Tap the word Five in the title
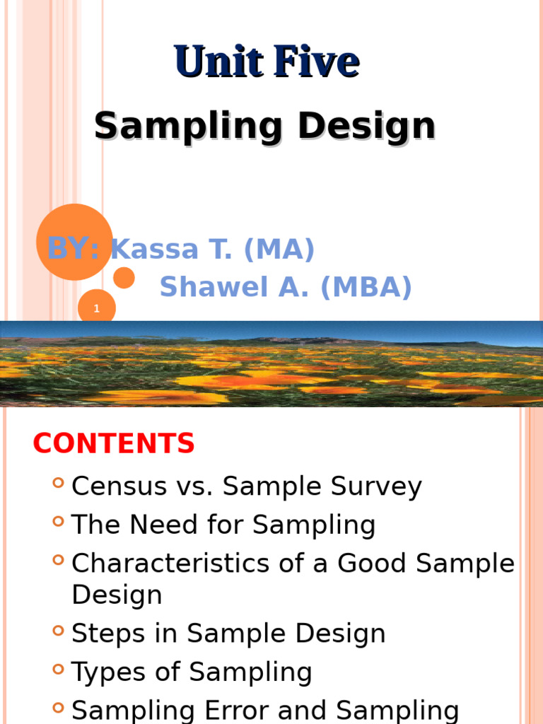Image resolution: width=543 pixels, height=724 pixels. pyautogui.click(x=317, y=61)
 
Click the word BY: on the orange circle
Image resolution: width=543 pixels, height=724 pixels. pyautogui.click(x=74, y=248)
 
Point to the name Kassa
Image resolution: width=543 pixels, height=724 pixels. pyautogui.click(x=155, y=249)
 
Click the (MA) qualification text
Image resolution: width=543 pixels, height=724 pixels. pyautogui.click(x=279, y=250)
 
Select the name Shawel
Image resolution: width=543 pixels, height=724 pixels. pyautogui.click(x=214, y=286)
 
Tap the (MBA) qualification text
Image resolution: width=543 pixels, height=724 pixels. pyautogui.click(x=366, y=287)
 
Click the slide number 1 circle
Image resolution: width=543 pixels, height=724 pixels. pyautogui.click(x=96, y=308)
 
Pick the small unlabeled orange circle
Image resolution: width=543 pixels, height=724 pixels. pyautogui.click(x=124, y=278)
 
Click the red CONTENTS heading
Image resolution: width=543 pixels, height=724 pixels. pyautogui.click(x=114, y=443)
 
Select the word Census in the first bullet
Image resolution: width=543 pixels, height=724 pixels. pyautogui.click(x=119, y=486)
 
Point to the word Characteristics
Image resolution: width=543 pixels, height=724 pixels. pyautogui.click(x=170, y=564)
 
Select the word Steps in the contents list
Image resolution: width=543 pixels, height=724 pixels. pyautogui.click(x=108, y=633)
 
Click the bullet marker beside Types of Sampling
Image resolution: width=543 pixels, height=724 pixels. pyautogui.click(x=58, y=669)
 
